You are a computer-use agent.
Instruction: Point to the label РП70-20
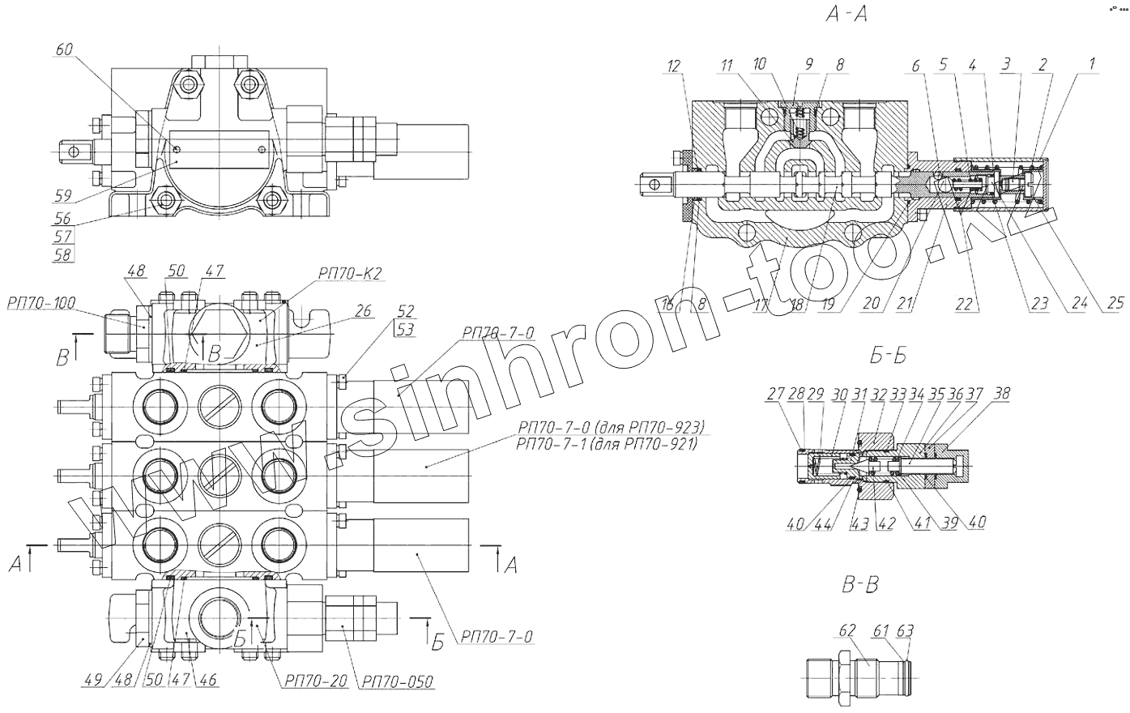point(315,681)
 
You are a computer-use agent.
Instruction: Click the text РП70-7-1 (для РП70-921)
point(605,442)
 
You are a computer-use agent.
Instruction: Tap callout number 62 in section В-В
point(847,630)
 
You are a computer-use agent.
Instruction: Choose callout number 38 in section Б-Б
point(1003,395)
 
